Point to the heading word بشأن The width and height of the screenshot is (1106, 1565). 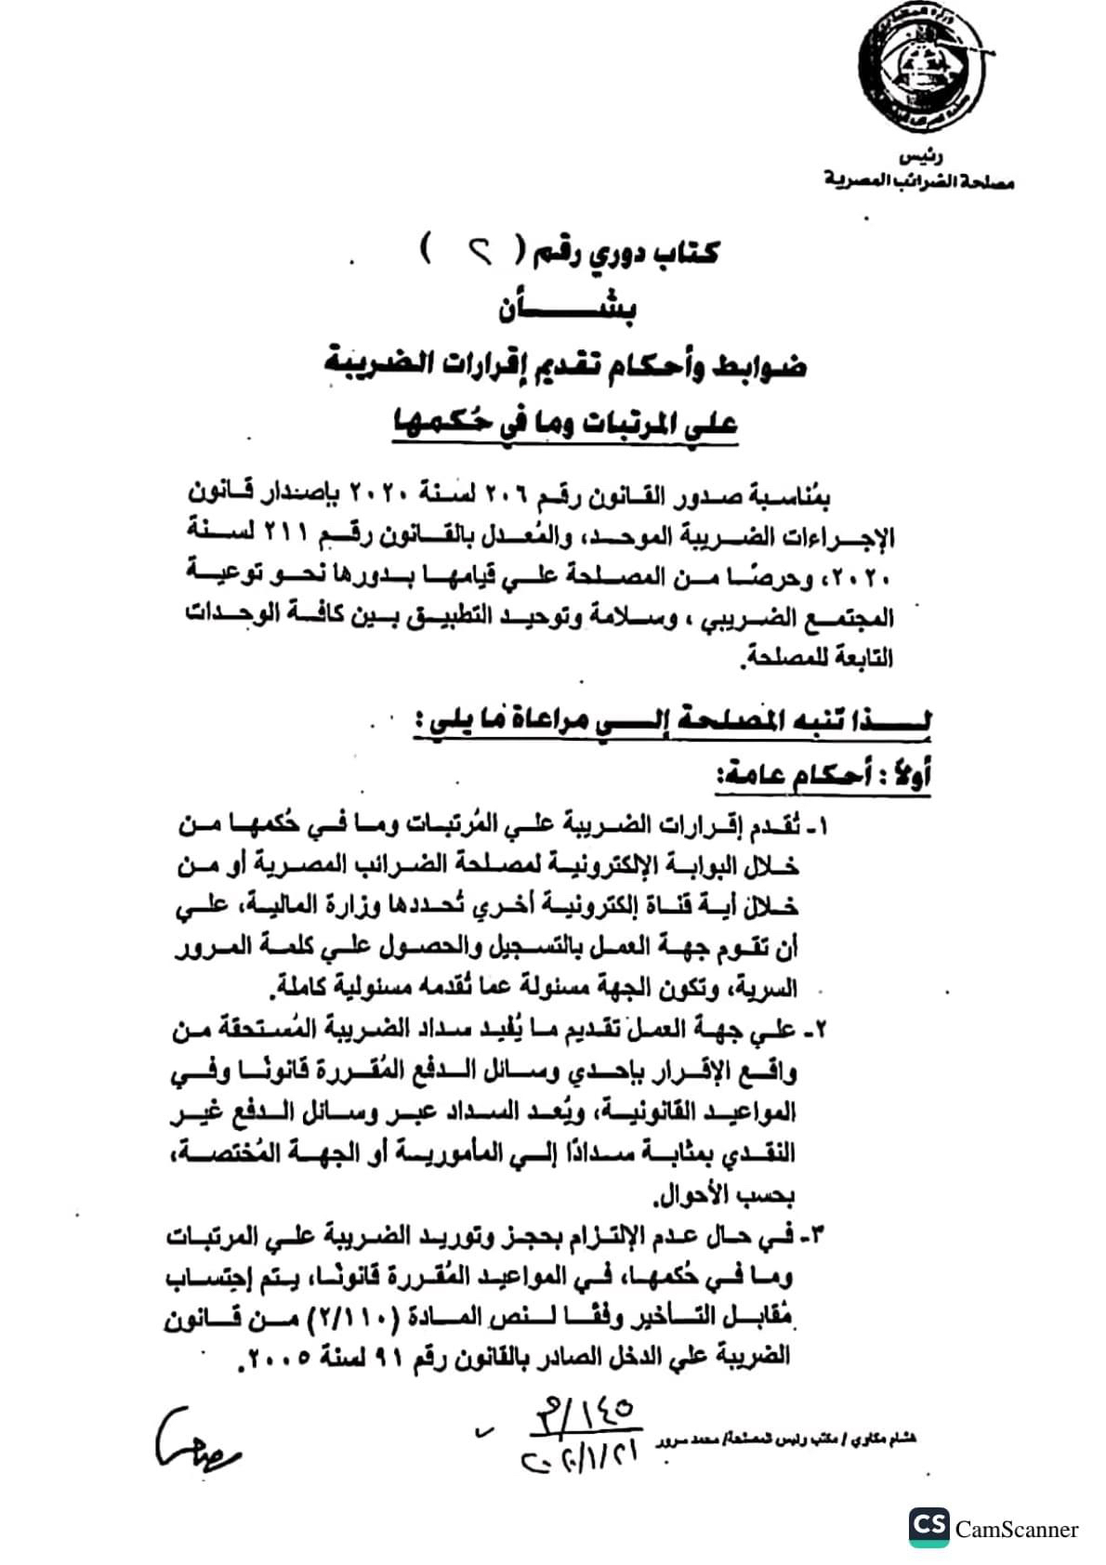(x=567, y=308)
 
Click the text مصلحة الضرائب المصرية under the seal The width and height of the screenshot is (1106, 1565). (x=919, y=181)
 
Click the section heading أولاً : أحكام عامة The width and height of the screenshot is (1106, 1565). (x=823, y=779)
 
